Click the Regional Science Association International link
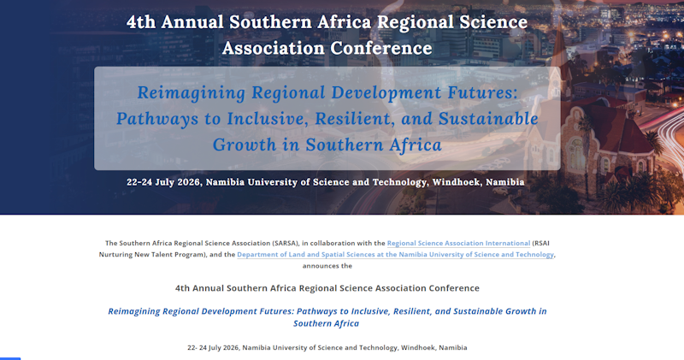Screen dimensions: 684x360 tap(458, 243)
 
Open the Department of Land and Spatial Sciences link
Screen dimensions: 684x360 tap(395, 255)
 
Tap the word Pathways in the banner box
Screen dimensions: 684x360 tap(157, 119)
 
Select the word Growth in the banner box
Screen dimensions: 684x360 tap(245, 145)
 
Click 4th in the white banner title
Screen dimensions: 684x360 tap(141, 22)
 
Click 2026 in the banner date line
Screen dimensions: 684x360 tap(189, 182)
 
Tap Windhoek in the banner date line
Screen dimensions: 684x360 tap(456, 182)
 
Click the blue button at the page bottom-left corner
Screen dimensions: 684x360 tap(10, 358)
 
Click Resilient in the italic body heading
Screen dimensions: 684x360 tap(413, 311)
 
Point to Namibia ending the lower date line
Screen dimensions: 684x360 tap(453, 348)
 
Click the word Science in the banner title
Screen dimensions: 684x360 tap(495, 22)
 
